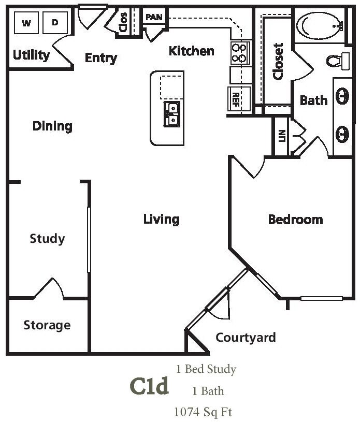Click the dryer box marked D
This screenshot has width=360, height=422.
point(55,23)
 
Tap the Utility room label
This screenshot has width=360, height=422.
point(31,55)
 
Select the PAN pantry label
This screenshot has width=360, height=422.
point(154,17)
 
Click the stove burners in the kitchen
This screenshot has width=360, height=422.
point(239,52)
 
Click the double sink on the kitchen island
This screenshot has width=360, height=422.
point(172,114)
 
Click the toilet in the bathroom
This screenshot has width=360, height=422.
point(337,61)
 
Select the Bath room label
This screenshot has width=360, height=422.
point(314,100)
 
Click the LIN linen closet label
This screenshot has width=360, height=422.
point(282,136)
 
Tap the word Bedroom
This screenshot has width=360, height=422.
point(295,220)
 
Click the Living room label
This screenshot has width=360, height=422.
point(161,220)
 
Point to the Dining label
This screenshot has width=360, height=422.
point(52,126)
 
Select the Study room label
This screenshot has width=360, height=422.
point(47,239)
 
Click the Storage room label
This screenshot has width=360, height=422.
point(47,325)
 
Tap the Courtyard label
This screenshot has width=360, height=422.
point(246,338)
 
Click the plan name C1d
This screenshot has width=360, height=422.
point(149,386)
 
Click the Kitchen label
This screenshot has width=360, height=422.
point(192,51)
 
